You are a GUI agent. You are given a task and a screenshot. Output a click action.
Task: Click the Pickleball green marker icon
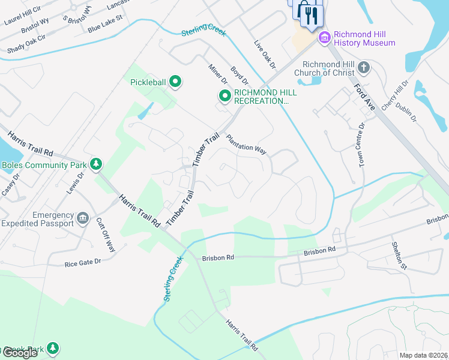[175, 81]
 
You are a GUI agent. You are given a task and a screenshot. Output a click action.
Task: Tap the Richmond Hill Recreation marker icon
[224, 96]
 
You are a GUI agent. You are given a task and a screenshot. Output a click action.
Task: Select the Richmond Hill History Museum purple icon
[325, 38]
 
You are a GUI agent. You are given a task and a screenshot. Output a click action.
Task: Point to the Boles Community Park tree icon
[95, 164]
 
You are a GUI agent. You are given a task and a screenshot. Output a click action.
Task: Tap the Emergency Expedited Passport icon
[83, 217]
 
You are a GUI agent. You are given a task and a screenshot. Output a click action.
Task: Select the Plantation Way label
[246, 145]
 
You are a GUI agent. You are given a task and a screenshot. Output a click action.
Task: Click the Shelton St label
[399, 256]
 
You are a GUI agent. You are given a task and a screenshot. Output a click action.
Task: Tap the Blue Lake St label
[104, 27]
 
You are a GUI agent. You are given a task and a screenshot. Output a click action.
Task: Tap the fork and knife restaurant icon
[310, 15]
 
